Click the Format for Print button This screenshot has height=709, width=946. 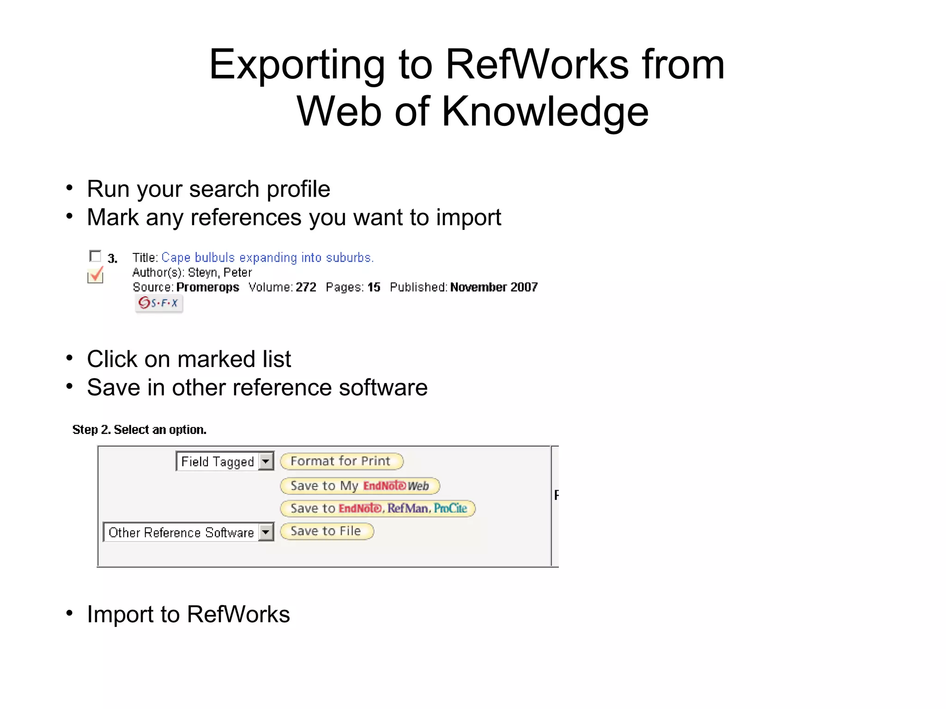click(x=341, y=461)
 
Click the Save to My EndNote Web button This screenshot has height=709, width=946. click(x=359, y=486)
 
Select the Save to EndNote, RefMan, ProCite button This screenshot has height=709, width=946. click(x=377, y=508)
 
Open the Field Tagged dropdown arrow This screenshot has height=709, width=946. click(x=266, y=461)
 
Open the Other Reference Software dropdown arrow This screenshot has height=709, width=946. click(x=266, y=532)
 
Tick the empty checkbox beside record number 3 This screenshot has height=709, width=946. click(x=95, y=256)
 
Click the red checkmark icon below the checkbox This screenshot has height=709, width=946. click(x=96, y=275)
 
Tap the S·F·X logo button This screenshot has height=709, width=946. click(x=159, y=303)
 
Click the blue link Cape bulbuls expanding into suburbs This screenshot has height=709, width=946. click(x=267, y=258)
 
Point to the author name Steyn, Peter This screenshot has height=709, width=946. click(x=220, y=272)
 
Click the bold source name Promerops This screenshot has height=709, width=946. click(x=207, y=287)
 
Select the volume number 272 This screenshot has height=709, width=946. click(x=306, y=287)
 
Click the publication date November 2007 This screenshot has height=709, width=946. click(x=494, y=287)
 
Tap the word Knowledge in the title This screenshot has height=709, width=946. click(x=545, y=112)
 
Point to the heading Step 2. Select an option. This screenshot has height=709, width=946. click(x=139, y=430)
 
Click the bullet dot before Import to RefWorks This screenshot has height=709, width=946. click(x=69, y=613)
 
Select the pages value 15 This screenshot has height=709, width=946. click(x=374, y=287)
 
